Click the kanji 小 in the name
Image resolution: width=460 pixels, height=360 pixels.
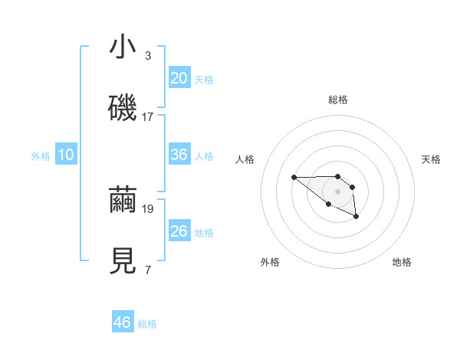point(123,47)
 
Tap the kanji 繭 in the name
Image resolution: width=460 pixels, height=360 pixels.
point(123,201)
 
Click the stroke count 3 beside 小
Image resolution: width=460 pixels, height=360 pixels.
point(148,56)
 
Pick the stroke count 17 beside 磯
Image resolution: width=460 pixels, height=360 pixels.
point(148,117)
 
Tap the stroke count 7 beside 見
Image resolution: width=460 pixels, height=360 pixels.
point(148,270)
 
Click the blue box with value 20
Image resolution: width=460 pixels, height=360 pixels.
point(179,78)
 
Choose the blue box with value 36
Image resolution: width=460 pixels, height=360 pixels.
point(179,155)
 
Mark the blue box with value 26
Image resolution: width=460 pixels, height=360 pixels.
point(179,231)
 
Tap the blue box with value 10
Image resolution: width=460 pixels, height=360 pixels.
point(67,155)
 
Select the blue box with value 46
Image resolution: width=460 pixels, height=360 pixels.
point(123,322)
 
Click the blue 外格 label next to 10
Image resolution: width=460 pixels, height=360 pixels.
point(41,156)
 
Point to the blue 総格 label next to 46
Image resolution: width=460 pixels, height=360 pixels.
point(147,324)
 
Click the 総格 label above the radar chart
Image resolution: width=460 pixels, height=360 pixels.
point(338,100)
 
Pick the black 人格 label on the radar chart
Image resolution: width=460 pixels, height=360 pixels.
point(245,159)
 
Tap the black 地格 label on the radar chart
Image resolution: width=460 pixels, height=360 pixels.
point(402,262)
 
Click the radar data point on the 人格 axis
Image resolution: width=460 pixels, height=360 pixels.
point(294,178)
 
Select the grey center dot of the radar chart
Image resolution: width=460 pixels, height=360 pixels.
point(338,191)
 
